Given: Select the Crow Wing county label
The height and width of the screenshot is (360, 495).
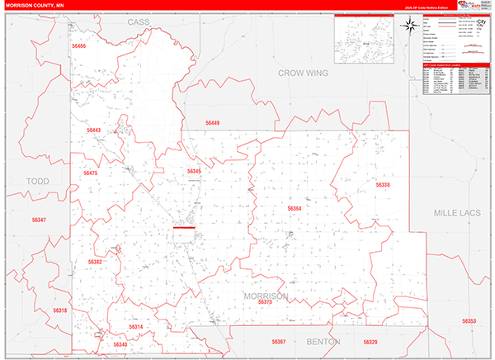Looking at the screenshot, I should (302, 73).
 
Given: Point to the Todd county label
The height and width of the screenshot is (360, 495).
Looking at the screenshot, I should (38, 181).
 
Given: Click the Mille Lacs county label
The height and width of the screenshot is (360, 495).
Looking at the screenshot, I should (462, 213).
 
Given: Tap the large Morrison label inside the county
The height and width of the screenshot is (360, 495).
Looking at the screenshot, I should (265, 295).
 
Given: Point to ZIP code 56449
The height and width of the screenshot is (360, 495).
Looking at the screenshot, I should (212, 123).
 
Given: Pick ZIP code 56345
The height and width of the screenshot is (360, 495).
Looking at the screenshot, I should (194, 171).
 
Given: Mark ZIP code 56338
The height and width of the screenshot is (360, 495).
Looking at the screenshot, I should (382, 185).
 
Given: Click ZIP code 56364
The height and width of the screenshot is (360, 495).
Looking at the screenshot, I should (295, 209).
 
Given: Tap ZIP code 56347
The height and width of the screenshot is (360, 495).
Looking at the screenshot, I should (39, 220).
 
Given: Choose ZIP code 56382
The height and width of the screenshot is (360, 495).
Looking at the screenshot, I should (95, 262).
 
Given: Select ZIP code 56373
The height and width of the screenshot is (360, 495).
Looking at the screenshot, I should (264, 303).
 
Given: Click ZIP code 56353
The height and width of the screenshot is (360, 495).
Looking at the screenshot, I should (469, 320).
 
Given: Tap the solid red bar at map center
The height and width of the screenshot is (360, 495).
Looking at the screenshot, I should (183, 228).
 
